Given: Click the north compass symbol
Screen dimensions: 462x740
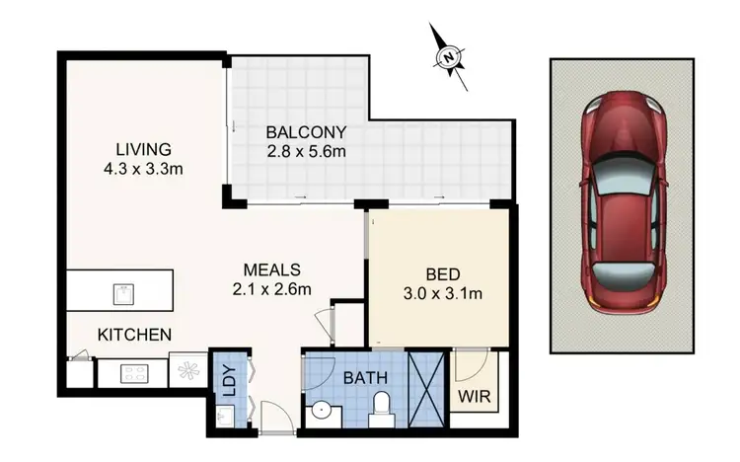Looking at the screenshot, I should [449, 57].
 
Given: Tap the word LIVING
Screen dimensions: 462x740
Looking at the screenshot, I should [143, 150].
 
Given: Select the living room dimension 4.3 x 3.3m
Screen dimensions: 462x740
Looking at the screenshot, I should [143, 169].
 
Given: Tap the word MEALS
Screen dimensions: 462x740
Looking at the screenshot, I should [273, 269].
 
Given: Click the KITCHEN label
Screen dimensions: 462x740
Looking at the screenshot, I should [134, 336].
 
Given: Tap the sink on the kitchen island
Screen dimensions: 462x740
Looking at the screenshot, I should [123, 294].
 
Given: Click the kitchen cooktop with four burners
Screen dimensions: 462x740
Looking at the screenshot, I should [133, 373].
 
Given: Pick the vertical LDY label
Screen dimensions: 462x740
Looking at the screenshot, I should [229, 380].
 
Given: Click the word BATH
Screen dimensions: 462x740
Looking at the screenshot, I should [366, 377].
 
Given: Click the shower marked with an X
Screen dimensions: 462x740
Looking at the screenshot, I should [427, 390].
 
